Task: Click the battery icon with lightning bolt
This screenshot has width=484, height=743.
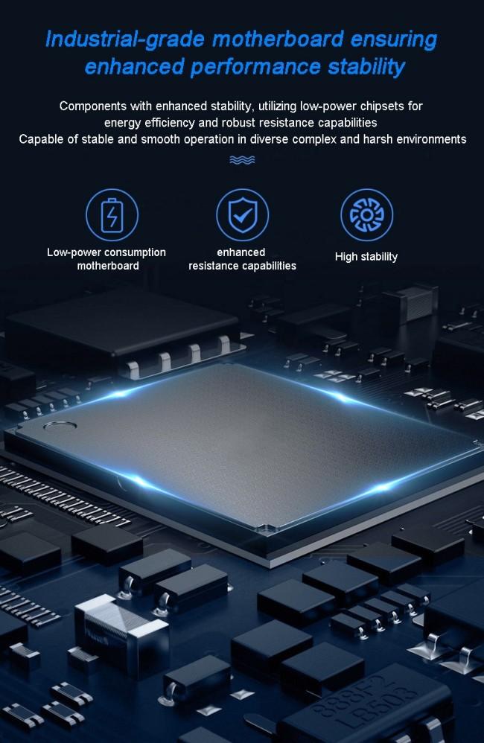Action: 112,215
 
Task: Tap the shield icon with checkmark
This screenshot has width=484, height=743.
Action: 242,215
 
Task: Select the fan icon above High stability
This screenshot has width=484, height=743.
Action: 366,215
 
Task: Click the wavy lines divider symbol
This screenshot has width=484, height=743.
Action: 242,159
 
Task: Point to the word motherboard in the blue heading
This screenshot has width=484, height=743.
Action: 278,39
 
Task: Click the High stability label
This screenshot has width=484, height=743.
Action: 366,257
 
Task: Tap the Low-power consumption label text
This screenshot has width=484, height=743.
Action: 106,252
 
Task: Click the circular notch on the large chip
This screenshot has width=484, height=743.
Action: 60,426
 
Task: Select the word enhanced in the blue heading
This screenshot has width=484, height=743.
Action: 134,66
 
